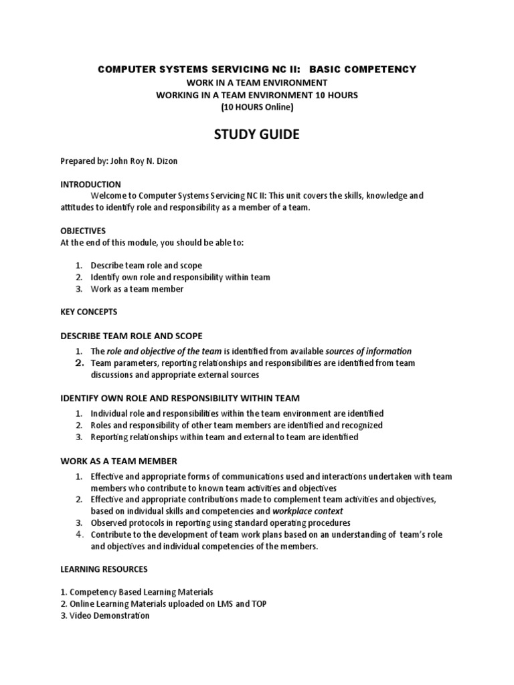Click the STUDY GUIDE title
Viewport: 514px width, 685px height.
257,136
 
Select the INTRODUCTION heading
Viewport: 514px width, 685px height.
90,184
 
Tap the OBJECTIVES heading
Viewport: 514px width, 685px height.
83,231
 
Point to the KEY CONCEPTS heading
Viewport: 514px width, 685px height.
88,312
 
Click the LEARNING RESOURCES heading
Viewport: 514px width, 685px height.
104,569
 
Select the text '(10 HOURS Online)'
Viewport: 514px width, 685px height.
257,107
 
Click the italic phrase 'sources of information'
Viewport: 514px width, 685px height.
368,351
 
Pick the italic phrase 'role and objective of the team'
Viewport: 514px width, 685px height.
165,351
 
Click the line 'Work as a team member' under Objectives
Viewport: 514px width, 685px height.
137,289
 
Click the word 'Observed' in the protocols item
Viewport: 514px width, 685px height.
108,522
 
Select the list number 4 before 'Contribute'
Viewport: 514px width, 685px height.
78,534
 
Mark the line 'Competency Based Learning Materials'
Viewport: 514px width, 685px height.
141,592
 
